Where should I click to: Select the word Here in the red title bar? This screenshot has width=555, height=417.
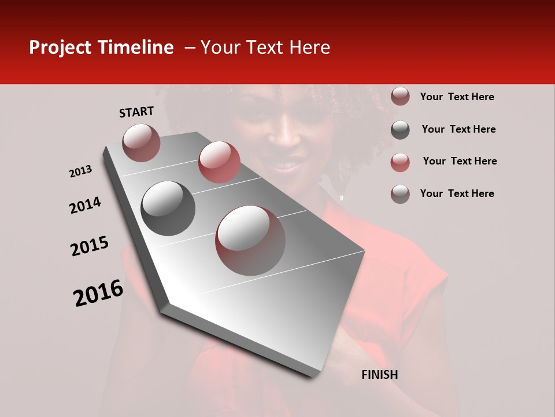point(309,48)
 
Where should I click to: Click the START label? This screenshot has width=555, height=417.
point(136,112)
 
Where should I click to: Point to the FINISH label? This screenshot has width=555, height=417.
point(379,375)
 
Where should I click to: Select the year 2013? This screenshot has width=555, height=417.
point(81,171)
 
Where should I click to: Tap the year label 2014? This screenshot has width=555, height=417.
point(86,205)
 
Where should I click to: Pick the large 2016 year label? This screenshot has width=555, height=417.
point(98,293)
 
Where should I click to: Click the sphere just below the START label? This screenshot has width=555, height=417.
point(141,142)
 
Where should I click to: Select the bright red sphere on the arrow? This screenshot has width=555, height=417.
point(219,162)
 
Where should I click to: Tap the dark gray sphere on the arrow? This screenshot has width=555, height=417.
point(168,209)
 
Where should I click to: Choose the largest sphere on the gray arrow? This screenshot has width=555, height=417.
point(250,240)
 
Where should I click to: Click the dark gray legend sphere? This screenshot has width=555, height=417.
point(400,130)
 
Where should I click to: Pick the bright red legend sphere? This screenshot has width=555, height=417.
point(400,162)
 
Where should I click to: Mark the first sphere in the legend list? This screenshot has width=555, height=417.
point(400,97)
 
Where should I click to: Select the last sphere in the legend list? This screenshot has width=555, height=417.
point(400,194)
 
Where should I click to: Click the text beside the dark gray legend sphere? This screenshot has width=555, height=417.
point(458,129)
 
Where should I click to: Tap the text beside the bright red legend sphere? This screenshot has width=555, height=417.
point(460,161)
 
